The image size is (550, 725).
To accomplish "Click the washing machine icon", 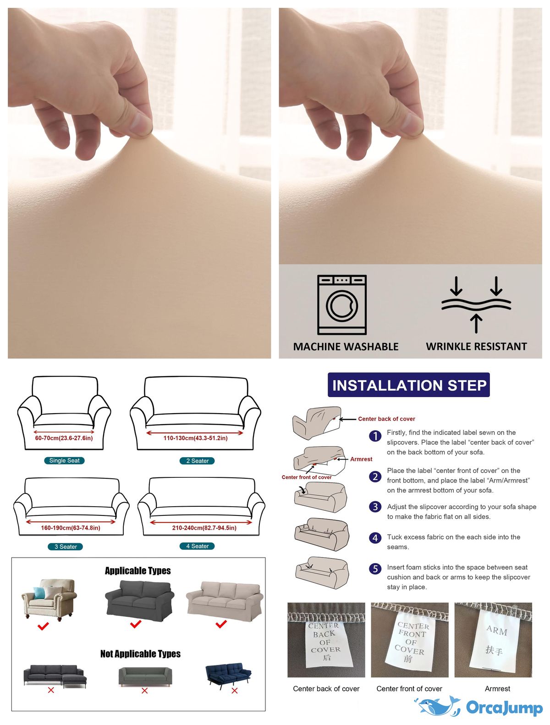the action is tap(341, 304).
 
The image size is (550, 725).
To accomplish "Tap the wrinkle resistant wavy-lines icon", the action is tap(476, 304).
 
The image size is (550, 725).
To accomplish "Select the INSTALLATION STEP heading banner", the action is tap(408, 385).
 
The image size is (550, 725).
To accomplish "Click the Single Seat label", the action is tap(64, 460).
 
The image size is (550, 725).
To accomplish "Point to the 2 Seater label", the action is tap(197, 461).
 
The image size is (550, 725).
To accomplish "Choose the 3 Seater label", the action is tap(66, 547).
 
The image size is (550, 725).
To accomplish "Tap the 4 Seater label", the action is tap(197, 546).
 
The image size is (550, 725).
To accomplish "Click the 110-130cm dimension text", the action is tap(195, 438).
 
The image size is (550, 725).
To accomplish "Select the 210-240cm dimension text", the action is tap(204, 528).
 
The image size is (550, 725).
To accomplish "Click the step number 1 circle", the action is tap(375, 436).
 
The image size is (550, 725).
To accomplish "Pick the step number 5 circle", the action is tap(375, 569).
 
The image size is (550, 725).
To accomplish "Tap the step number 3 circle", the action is tap(375, 506).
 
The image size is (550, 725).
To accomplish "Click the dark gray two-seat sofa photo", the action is tap(139, 601).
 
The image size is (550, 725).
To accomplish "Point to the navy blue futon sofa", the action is tap(228, 676).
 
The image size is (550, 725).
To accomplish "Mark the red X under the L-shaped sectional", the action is tap(51, 690).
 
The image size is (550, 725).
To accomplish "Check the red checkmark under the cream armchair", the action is tap(43, 625).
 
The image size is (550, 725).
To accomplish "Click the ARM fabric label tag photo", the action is tap(493, 640).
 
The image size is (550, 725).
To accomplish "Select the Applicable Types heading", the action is tap(137, 570).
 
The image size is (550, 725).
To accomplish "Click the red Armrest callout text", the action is tap(361, 459).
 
